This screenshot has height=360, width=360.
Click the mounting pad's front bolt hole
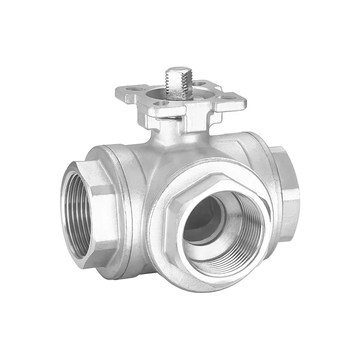pyautogui.click(x=164, y=103)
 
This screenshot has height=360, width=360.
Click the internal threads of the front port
pyautogui.click(x=245, y=234)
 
